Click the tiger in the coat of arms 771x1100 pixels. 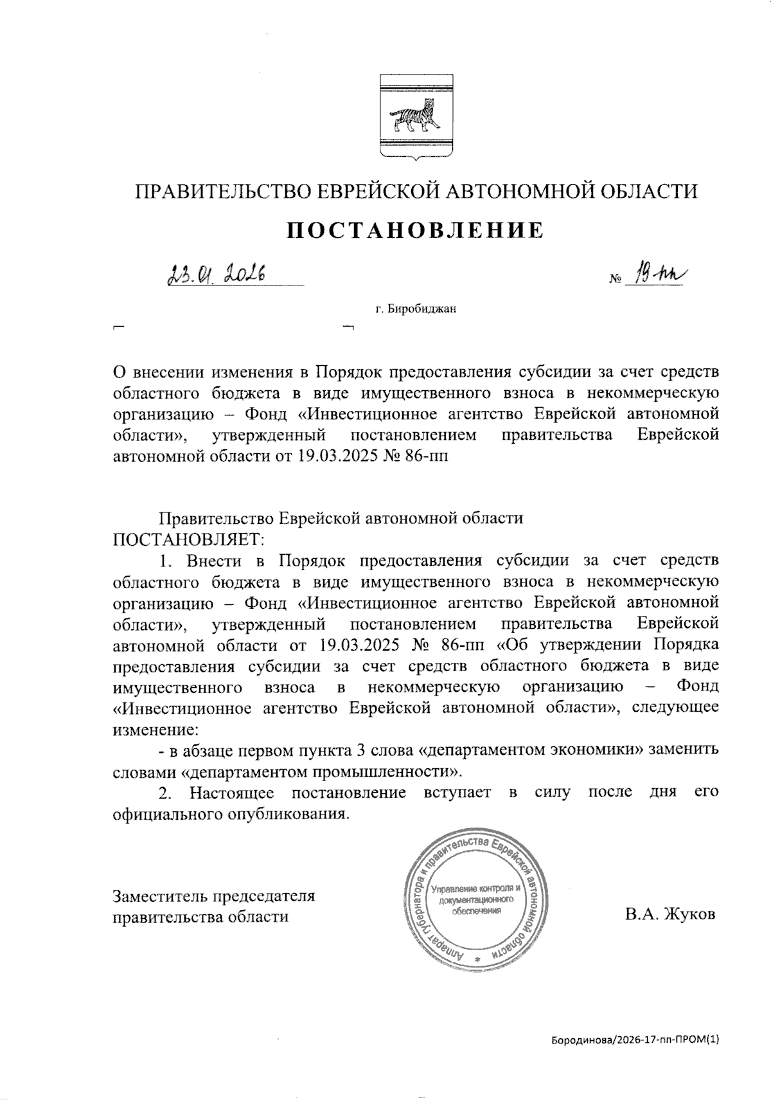tap(414, 119)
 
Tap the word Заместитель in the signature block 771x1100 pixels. tap(159, 895)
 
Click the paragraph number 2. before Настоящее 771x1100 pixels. tap(166, 792)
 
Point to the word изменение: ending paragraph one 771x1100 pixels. tap(155, 729)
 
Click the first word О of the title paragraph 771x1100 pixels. tap(118, 372)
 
